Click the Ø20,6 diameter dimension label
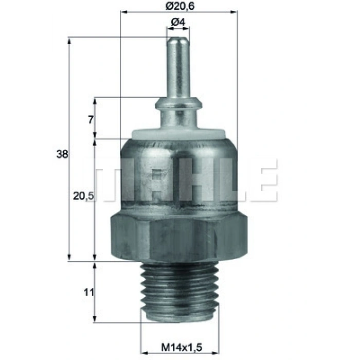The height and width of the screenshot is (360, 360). tap(178, 6)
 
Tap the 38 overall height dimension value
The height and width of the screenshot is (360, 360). tap(62, 154)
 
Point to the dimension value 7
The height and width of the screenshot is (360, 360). tap(90, 119)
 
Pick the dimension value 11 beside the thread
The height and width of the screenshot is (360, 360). tap(89, 293)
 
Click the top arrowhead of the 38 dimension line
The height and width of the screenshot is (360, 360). tap(69, 40)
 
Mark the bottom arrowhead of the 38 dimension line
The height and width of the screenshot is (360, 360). tap(69, 258)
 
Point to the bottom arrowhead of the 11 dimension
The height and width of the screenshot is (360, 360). tap(94, 320)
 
